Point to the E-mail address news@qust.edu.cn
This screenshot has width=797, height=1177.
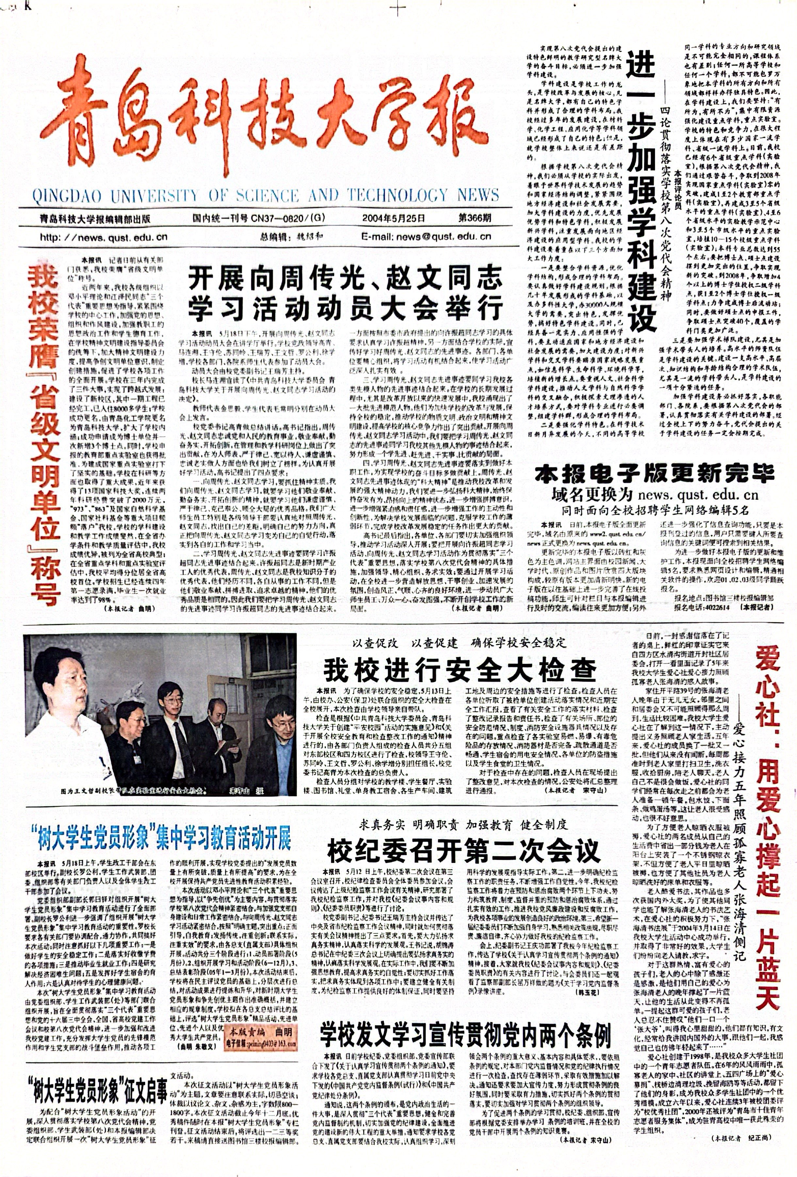pyautogui.click(x=426, y=236)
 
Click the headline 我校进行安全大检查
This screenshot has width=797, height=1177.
pyautogui.click(x=460, y=670)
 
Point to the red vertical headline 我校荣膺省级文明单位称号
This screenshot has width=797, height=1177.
pyautogui.click(x=45, y=436)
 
